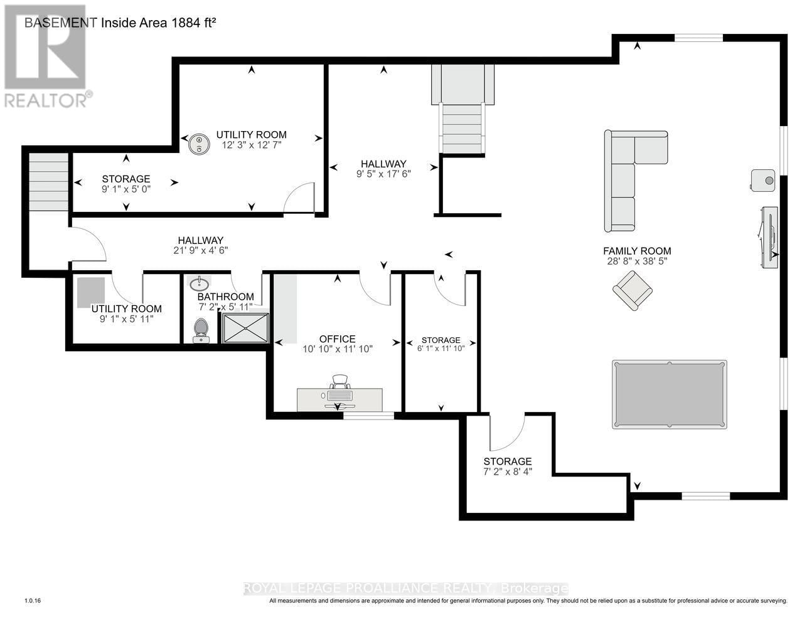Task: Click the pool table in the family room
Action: click(669, 394)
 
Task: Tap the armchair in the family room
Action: click(632, 290)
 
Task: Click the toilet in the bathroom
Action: click(201, 330)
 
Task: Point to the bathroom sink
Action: click(199, 284)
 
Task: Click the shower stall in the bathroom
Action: click(245, 328)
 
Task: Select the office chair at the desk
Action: click(339, 382)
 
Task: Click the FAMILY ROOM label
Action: click(637, 251)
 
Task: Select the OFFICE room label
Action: click(338, 339)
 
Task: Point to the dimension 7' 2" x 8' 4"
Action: click(507, 472)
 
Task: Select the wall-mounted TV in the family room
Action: click(769, 237)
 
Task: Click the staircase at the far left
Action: click(48, 182)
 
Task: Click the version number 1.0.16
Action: click(32, 601)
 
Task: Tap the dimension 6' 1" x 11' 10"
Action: click(441, 349)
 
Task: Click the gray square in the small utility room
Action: click(91, 292)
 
